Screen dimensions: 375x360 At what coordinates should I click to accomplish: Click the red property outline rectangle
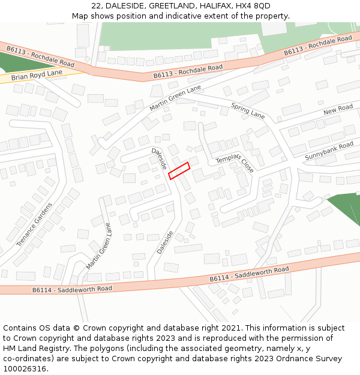click(x=179, y=170)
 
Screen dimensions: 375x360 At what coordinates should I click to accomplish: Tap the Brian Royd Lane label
click(x=37, y=75)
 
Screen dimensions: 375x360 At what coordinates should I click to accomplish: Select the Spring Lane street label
click(x=248, y=110)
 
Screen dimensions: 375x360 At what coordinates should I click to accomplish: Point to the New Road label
click(x=338, y=110)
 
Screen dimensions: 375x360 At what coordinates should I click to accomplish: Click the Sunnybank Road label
click(x=329, y=151)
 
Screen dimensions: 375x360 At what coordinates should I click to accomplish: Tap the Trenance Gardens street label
click(x=34, y=224)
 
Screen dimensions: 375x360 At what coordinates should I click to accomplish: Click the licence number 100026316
click(x=26, y=368)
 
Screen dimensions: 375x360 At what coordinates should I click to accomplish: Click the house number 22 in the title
click(x=97, y=6)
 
